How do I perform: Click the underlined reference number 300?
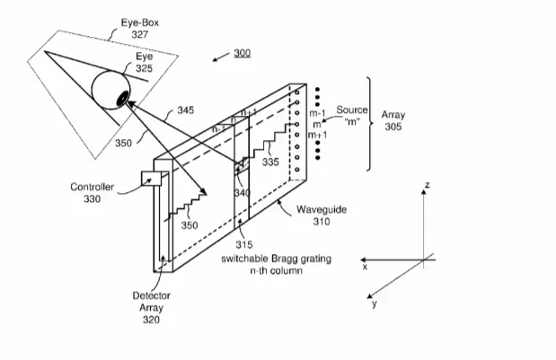pos(243,53)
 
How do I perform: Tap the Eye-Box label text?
pos(140,22)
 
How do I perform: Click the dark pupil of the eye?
pos(123,98)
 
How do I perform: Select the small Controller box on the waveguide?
pos(152,179)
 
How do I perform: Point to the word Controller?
pos(93,187)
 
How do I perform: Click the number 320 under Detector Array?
pos(152,320)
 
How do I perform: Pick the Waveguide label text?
pos(322,209)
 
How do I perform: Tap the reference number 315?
pos(244,244)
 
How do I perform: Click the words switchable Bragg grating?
pos(277,259)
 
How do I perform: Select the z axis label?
pos(428,185)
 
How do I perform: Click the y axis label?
pos(375,303)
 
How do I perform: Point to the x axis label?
pos(365,267)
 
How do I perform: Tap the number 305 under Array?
pos(393,127)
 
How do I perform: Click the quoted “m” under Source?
pos(352,121)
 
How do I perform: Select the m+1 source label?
pos(317,135)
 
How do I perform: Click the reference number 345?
pos(186,110)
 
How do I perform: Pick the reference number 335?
pos(270,162)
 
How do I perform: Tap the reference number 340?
pos(243,193)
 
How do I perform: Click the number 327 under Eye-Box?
pos(140,35)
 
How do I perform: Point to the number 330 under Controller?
pos(93,198)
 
